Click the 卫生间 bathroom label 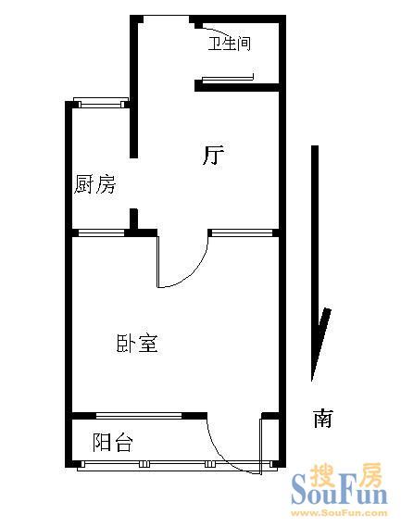(230, 44)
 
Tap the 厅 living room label (213, 155)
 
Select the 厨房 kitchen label (95, 184)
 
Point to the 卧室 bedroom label (137, 343)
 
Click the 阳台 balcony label (113, 442)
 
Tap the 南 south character (323, 418)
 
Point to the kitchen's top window (101, 102)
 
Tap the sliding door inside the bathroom (228, 79)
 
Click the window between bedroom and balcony (139, 416)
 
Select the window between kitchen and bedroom (101, 232)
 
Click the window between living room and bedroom (242, 232)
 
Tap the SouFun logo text (339, 494)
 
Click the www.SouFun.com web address (339, 513)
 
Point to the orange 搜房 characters (345, 474)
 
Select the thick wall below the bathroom (237, 87)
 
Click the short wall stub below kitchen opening (133, 220)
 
